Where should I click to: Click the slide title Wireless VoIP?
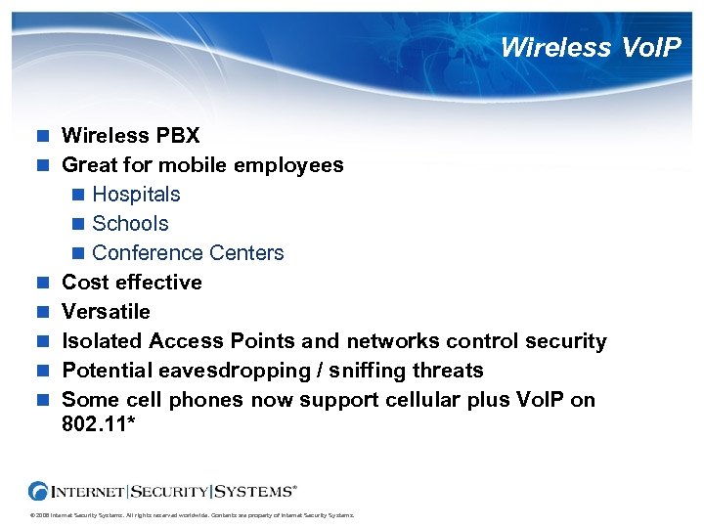pyautogui.click(x=590, y=47)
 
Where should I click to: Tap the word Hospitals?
pyautogui.click(x=136, y=194)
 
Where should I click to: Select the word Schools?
pyautogui.click(x=130, y=223)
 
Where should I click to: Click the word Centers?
pyautogui.click(x=249, y=252)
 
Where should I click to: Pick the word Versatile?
pyautogui.click(x=106, y=311)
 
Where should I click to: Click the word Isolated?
pyautogui.click(x=102, y=340)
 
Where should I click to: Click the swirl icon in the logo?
pyautogui.click(x=39, y=491)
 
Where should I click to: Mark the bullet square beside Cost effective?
pyautogui.click(x=43, y=283)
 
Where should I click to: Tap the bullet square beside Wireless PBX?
pyautogui.click(x=43, y=136)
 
